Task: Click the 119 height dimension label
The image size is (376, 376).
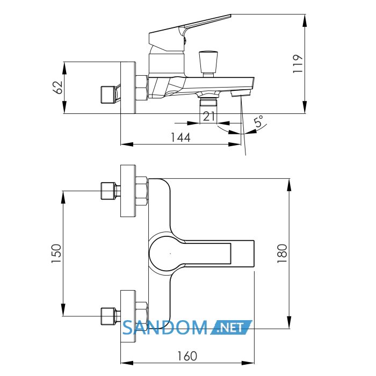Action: [x=298, y=64]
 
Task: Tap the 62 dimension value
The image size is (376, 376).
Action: [x=57, y=88]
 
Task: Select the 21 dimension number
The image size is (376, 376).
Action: [x=209, y=117]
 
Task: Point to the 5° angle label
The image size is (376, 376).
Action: [x=259, y=121]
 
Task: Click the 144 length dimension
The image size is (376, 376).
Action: [x=180, y=138]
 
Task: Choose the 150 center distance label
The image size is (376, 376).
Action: [x=56, y=254]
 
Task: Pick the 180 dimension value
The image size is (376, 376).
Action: [x=282, y=254]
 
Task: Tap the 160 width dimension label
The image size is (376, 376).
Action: [x=187, y=356]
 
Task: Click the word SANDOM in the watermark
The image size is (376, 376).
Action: [x=165, y=328]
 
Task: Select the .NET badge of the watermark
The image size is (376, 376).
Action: [x=231, y=327]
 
